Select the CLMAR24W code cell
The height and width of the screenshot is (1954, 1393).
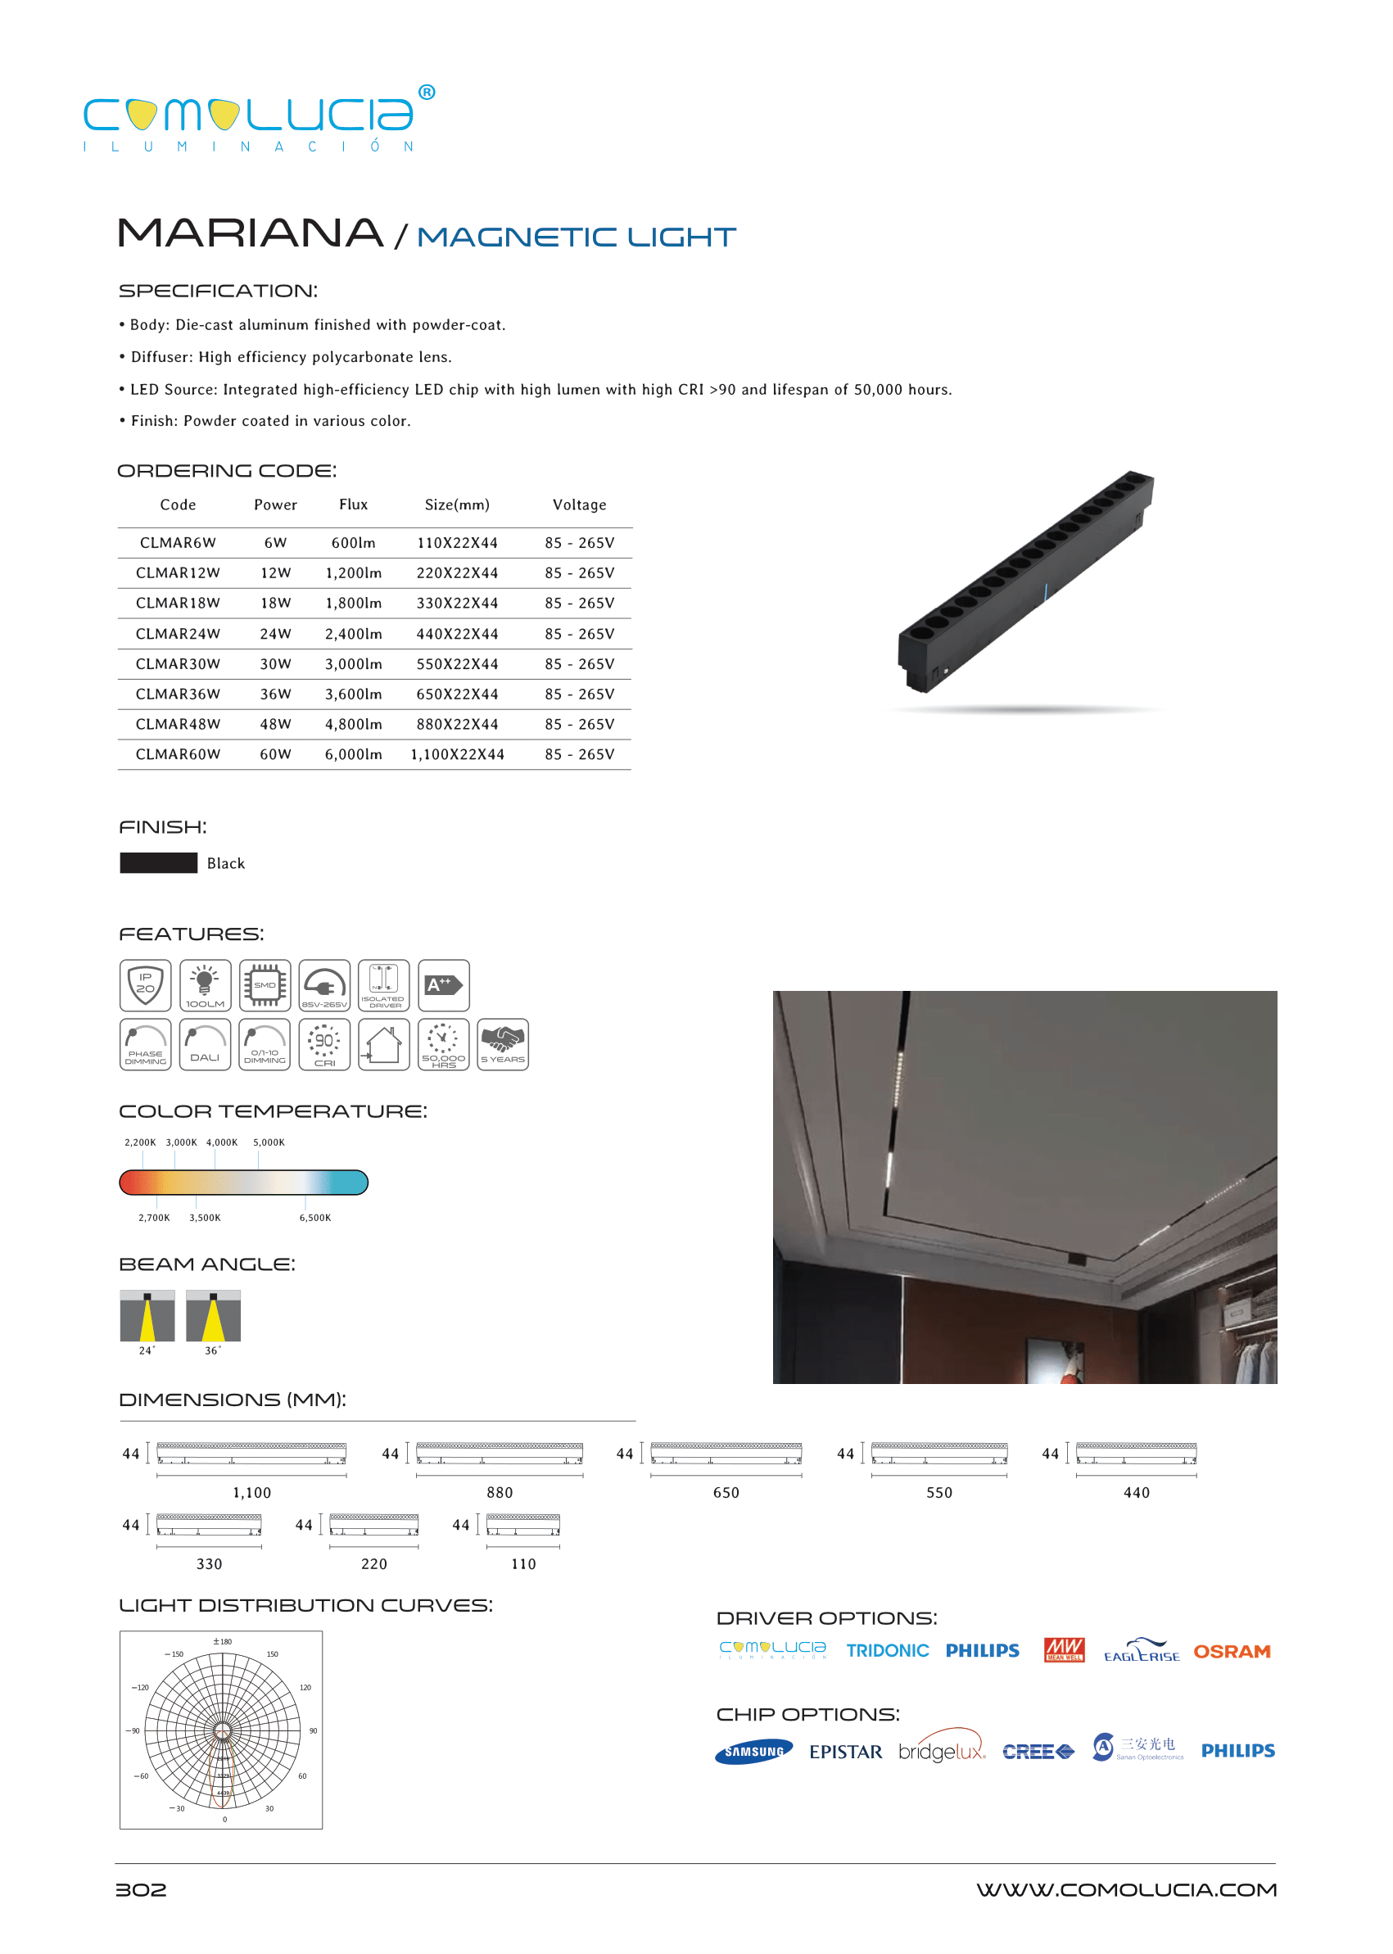178,634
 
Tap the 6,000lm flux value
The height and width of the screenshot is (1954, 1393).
354,755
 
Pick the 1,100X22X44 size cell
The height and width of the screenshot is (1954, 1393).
457,755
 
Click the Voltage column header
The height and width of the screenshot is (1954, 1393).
579,505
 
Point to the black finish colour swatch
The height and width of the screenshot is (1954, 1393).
159,863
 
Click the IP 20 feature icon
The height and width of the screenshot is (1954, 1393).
146,984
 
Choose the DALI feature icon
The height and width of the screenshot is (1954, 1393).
205,1044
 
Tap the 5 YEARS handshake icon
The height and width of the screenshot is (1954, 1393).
503,1044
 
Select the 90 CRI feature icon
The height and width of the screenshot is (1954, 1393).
324,1044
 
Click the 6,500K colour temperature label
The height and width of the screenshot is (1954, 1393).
314,1218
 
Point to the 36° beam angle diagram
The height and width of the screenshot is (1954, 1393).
213,1316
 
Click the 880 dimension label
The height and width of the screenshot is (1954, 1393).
500,1492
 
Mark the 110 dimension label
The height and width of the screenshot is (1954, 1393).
523,1563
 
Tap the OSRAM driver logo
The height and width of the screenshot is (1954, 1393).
1232,1651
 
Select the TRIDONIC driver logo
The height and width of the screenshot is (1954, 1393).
887,1651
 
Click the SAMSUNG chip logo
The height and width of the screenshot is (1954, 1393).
754,1752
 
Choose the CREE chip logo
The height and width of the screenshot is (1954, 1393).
1038,1752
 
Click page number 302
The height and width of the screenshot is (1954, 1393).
142,1889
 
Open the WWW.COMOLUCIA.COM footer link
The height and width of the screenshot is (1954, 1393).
1126,1889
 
